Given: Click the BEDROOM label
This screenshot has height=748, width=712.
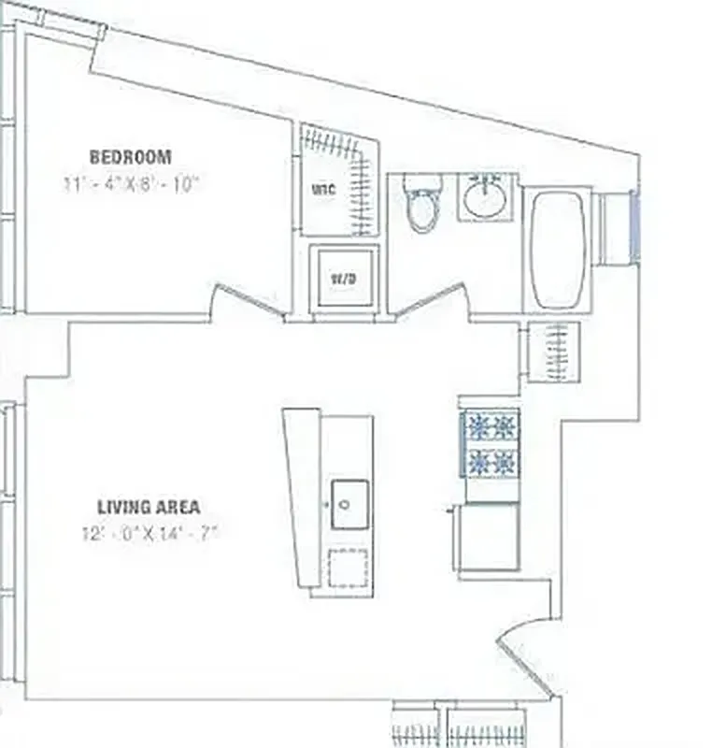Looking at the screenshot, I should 130,156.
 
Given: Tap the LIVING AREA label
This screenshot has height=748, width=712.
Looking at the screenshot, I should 149,508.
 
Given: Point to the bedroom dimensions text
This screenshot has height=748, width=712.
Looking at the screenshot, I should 132,184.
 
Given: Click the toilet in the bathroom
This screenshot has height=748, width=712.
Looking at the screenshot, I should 422,204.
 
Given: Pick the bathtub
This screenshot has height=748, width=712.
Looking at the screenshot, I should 557,248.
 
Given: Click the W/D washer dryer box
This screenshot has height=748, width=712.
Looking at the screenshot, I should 344,279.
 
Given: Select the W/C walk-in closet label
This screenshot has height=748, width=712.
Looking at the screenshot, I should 322,190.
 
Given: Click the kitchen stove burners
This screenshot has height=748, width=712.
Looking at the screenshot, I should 491,443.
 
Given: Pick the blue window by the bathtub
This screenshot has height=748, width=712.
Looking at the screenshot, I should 634,225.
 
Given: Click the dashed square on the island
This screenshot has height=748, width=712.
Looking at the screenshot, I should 350,567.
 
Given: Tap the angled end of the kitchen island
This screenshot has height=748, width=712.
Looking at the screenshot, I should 302,496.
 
